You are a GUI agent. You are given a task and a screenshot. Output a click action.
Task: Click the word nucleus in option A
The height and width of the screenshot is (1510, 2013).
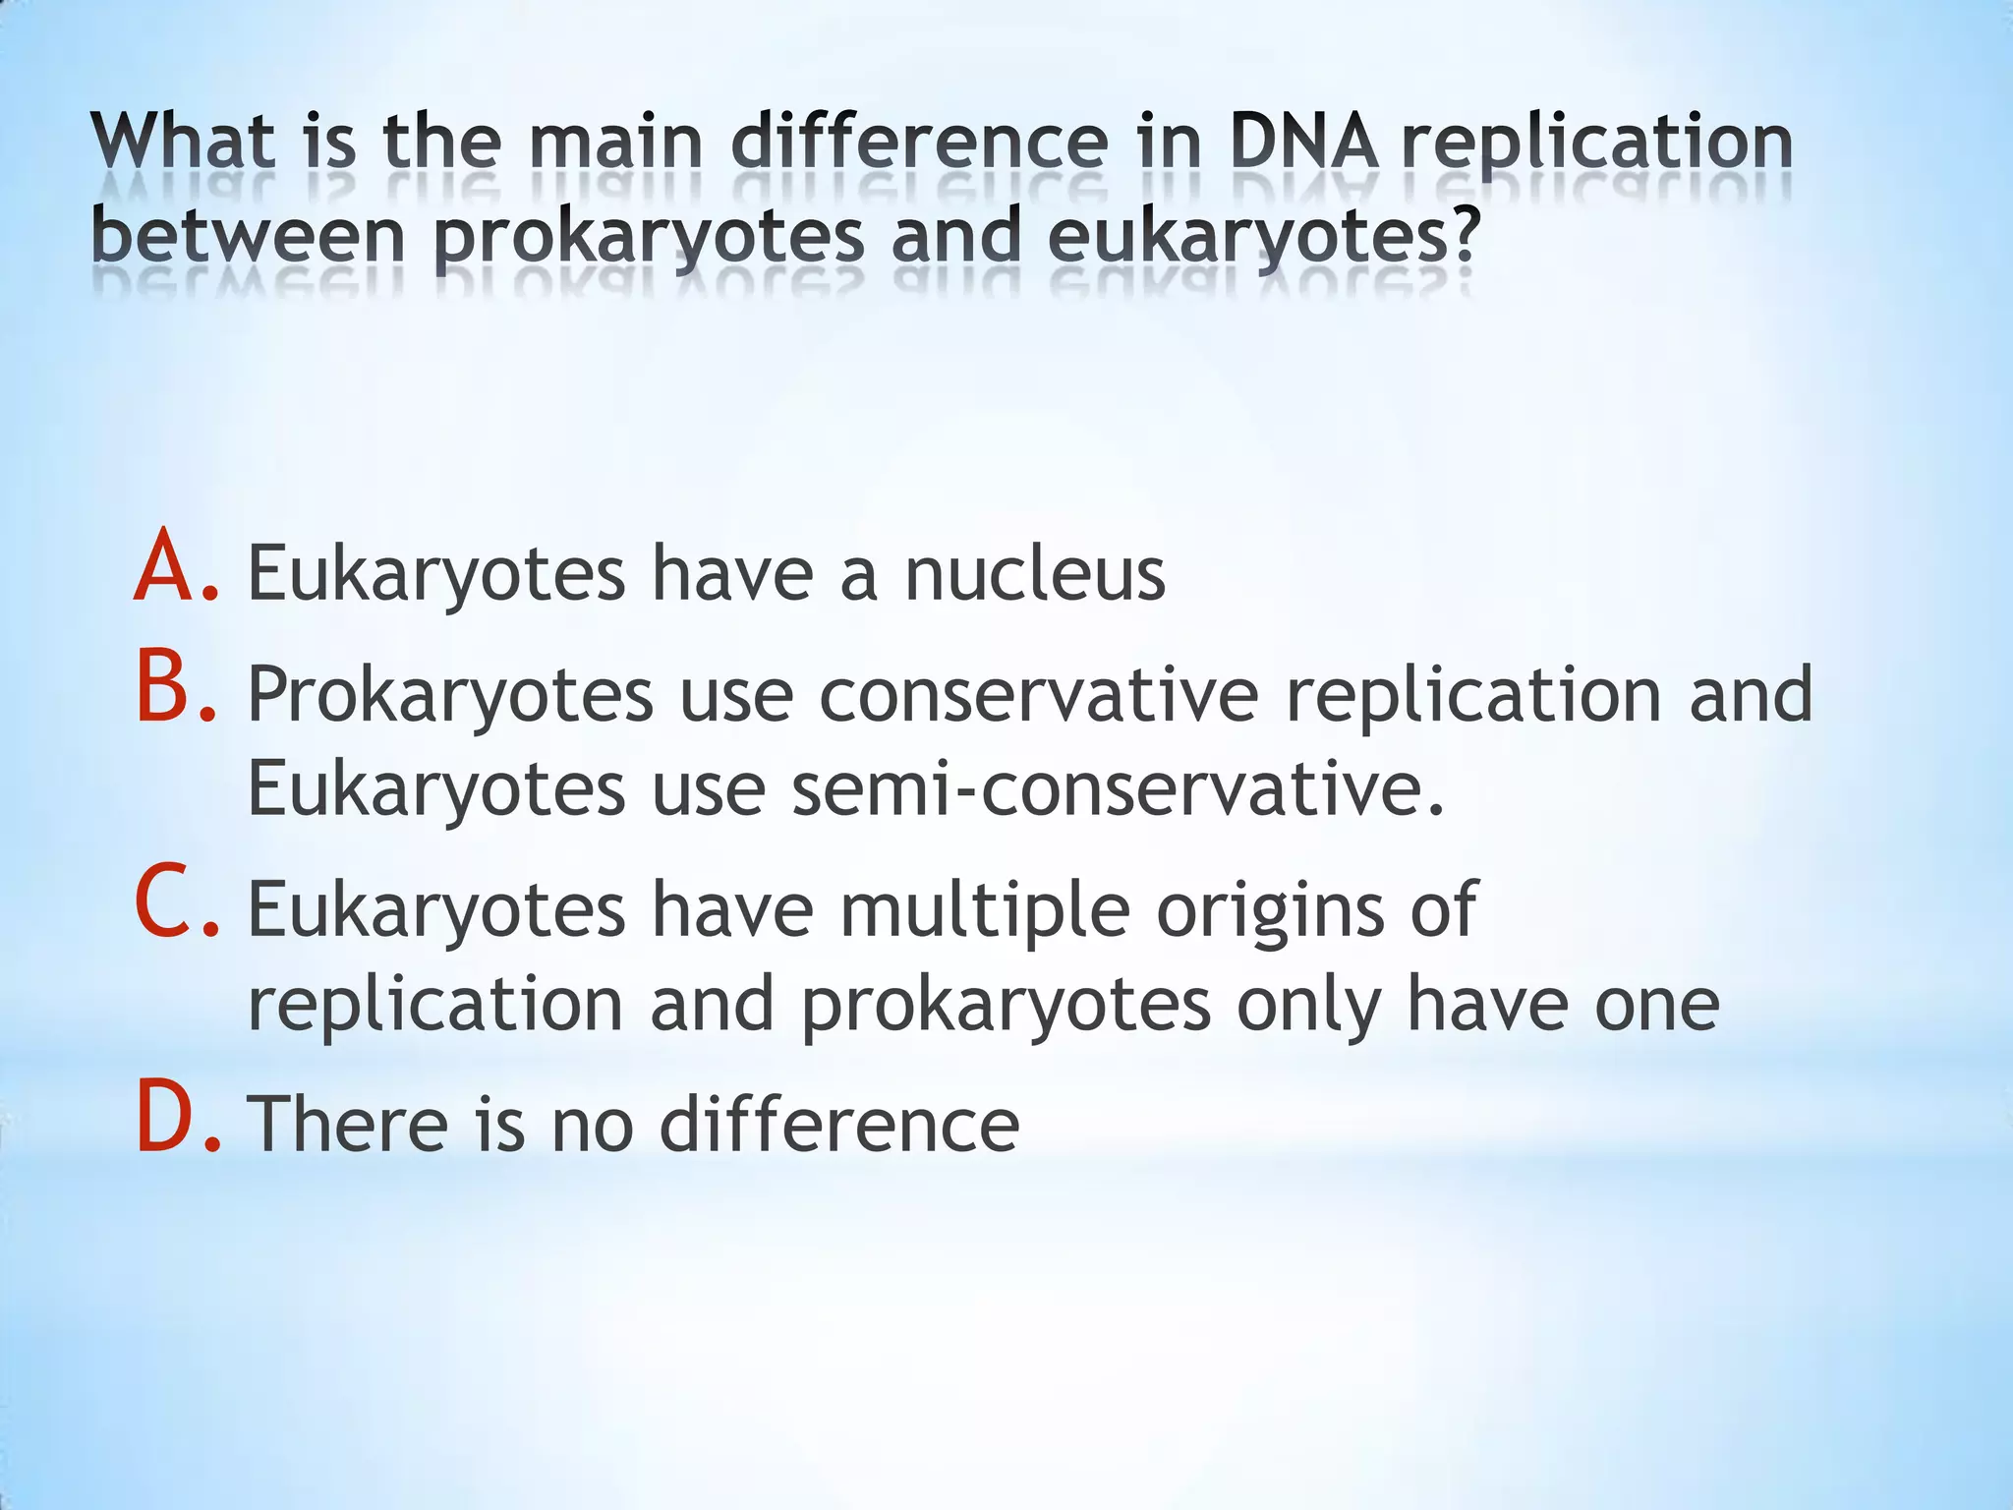tap(1034, 575)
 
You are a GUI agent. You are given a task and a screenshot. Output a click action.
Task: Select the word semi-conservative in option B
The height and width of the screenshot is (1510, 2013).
tap(1119, 789)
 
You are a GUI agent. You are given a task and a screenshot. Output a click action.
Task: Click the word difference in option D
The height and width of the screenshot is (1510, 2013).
tap(838, 1123)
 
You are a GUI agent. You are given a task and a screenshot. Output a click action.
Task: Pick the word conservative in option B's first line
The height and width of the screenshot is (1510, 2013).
tap(1038, 694)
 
